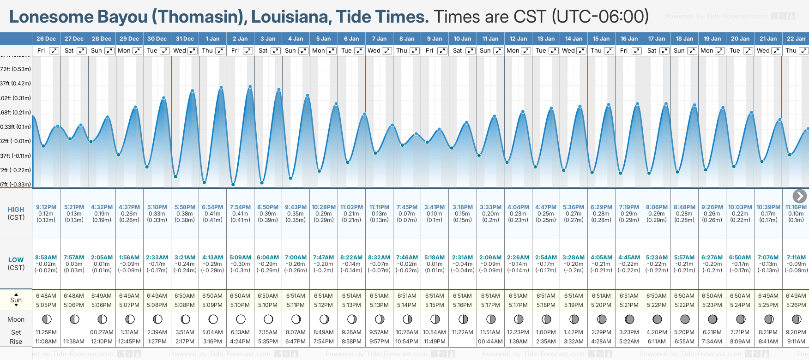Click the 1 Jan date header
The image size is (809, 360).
point(213,39)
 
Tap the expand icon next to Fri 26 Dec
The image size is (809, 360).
point(54,51)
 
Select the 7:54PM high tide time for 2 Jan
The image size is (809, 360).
point(240,207)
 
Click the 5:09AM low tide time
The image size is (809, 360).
point(240,258)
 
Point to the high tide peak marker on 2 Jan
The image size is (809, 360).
point(250,87)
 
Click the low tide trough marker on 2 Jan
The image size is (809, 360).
point(233,184)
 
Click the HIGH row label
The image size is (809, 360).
point(16,210)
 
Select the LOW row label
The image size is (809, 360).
point(16,260)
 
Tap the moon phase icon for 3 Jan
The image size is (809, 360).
point(268,319)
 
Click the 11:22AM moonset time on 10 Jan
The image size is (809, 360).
point(463,332)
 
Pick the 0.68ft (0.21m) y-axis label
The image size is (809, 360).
point(16,113)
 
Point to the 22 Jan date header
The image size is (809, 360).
point(796,39)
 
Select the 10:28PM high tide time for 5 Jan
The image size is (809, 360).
point(324,207)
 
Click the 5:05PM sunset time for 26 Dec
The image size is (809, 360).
point(46,305)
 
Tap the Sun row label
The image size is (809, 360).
point(16,300)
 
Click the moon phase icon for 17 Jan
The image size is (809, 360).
point(657,319)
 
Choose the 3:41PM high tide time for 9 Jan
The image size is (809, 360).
point(435,207)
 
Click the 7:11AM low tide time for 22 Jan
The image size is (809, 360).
point(796,258)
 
